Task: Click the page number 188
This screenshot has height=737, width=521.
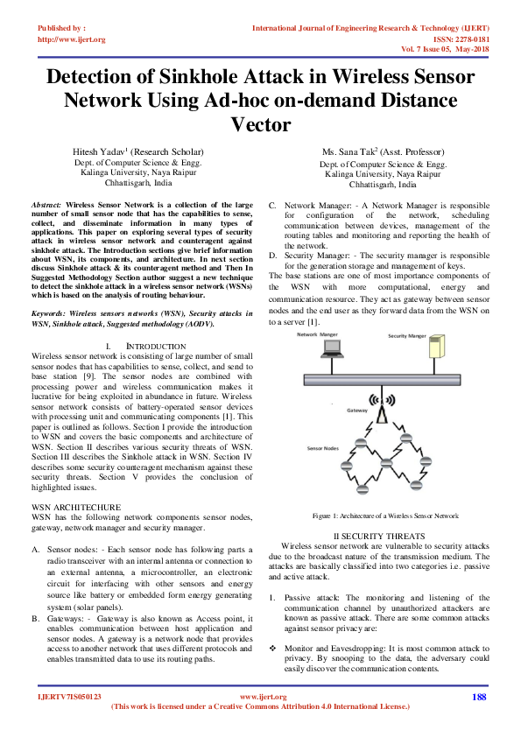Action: click(x=478, y=697)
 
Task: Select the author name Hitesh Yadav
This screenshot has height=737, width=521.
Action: click(x=106, y=151)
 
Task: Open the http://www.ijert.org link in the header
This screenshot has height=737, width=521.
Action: click(x=72, y=39)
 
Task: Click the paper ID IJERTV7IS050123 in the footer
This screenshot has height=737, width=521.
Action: click(x=70, y=697)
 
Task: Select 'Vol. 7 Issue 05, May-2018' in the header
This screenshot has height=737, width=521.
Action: click(x=446, y=51)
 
